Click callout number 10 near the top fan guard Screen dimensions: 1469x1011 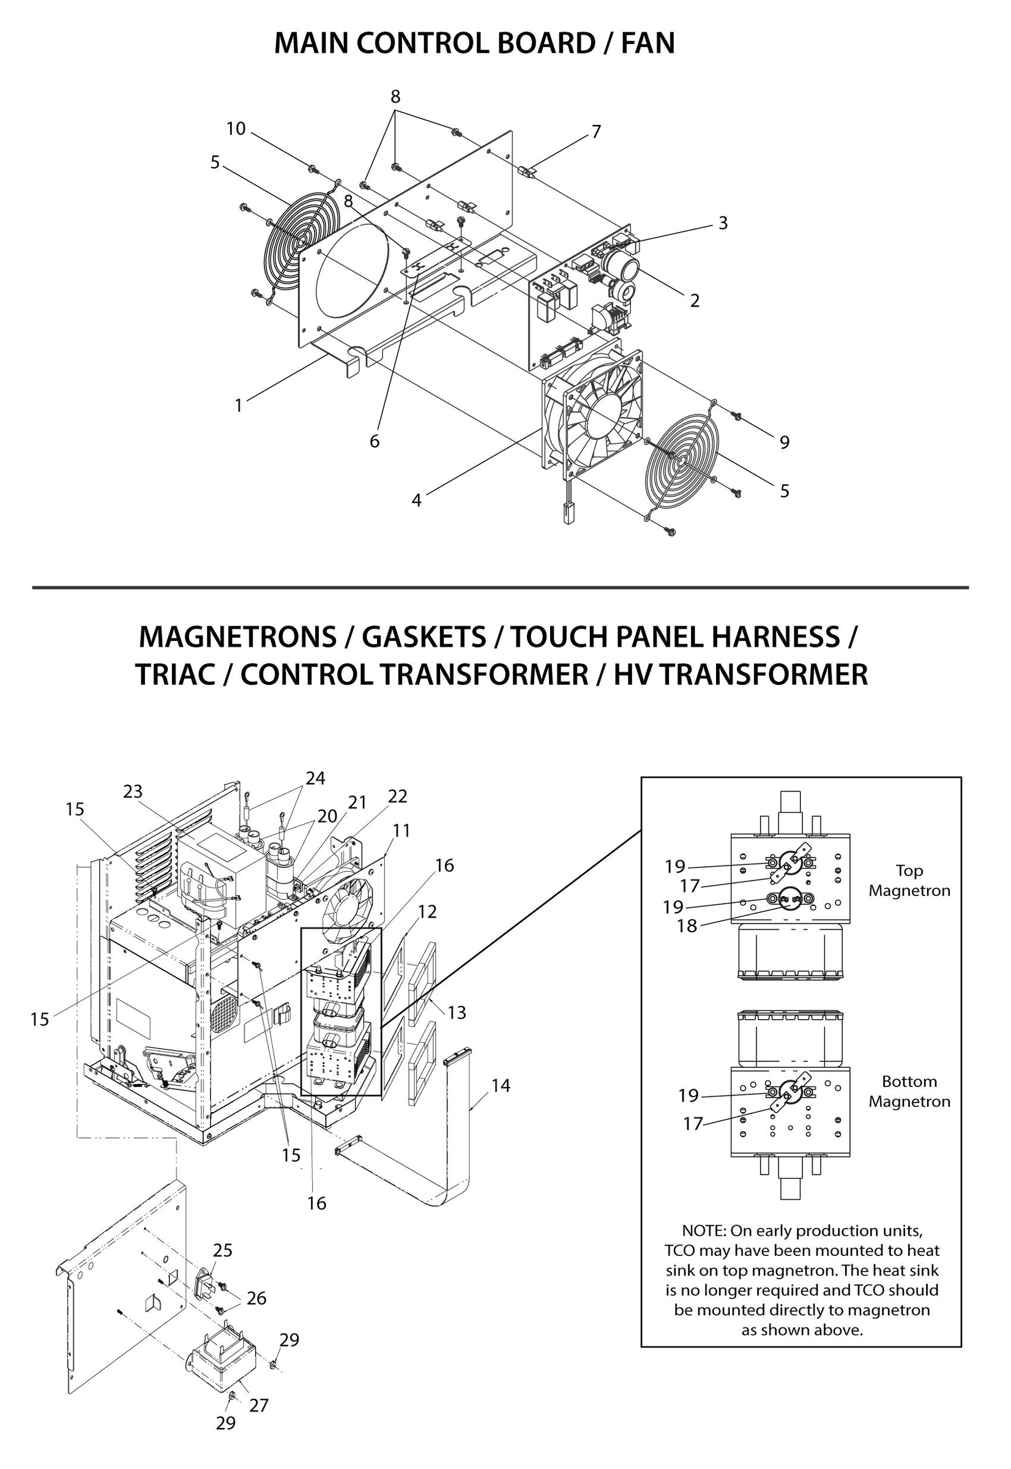(236, 129)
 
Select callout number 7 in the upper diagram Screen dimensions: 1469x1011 (595, 132)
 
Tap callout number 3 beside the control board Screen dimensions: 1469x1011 (723, 223)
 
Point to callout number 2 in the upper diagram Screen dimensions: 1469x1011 (694, 301)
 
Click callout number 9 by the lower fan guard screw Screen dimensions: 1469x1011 (784, 442)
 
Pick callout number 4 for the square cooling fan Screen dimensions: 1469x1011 (416, 501)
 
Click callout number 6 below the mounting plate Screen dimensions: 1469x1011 (375, 441)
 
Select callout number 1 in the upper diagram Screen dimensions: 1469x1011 (239, 405)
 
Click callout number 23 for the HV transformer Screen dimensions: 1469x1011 (133, 792)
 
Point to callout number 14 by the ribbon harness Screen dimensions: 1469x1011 (501, 1086)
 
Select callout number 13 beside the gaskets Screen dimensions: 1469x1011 (456, 1012)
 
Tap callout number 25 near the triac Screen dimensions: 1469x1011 (222, 1250)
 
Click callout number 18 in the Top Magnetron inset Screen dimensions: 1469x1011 (687, 926)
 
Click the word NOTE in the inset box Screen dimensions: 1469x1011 (703, 1231)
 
